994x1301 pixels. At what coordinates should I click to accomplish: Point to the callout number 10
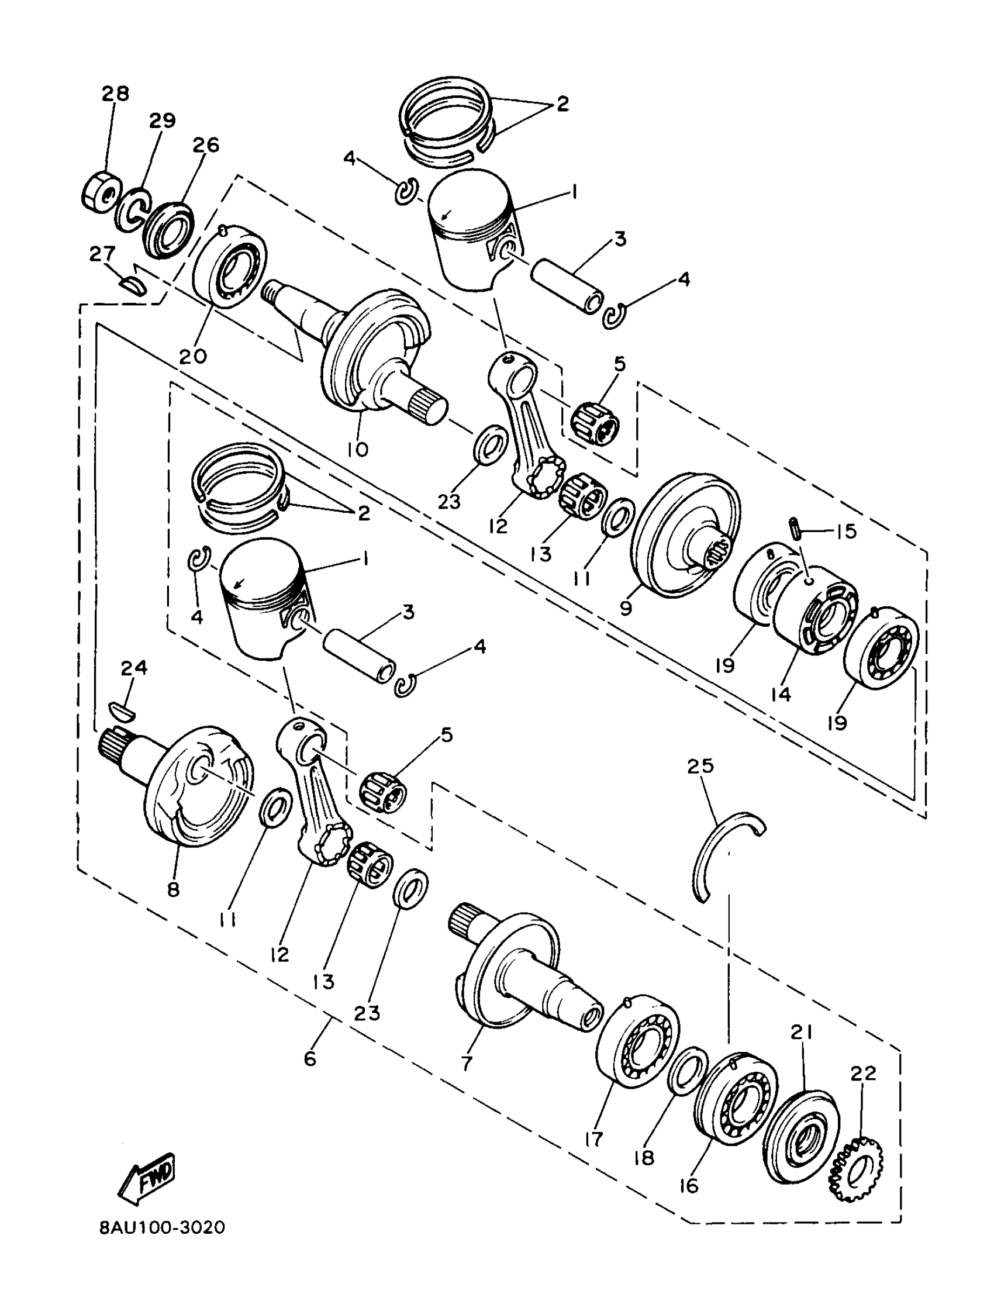(x=358, y=449)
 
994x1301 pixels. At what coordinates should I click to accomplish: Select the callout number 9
(x=627, y=608)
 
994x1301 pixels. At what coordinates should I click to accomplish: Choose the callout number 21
(x=802, y=1033)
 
